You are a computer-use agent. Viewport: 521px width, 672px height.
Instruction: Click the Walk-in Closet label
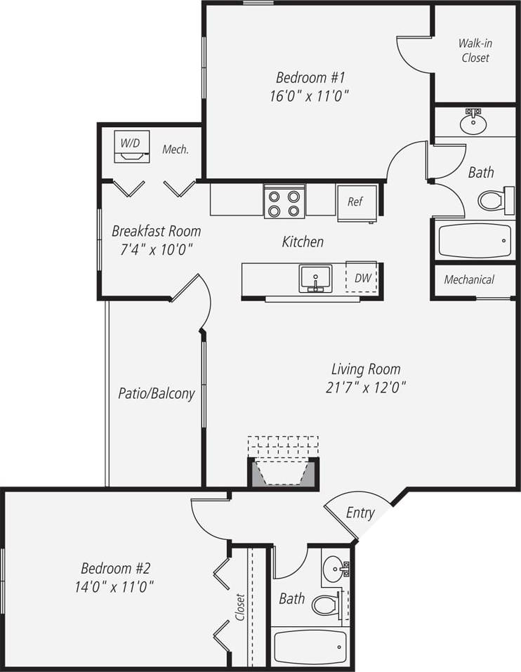[475, 51]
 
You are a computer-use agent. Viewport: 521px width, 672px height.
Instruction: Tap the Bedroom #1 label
[310, 77]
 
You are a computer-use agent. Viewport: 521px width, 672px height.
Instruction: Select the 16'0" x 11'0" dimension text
[310, 95]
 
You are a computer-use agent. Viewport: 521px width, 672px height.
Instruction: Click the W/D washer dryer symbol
[131, 148]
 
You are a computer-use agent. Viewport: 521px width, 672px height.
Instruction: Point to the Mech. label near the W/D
[175, 150]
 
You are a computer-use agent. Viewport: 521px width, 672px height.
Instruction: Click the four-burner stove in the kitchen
[284, 202]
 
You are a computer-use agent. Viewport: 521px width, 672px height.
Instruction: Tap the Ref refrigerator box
[355, 202]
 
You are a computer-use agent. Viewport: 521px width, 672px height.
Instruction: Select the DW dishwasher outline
[362, 278]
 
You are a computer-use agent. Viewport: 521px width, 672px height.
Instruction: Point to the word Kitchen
[303, 242]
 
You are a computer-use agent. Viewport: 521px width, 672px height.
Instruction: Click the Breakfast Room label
[156, 231]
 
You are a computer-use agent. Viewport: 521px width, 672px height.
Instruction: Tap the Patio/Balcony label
[156, 394]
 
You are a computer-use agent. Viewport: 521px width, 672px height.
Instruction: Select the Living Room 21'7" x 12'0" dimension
[365, 386]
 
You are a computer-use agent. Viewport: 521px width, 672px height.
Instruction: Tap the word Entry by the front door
[360, 513]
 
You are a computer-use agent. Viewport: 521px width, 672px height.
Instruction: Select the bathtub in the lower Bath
[310, 647]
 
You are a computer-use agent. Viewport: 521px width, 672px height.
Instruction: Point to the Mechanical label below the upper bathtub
[469, 279]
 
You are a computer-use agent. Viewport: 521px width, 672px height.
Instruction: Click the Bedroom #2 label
[116, 568]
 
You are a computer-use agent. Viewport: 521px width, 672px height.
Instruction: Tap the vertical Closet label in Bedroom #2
[240, 608]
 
